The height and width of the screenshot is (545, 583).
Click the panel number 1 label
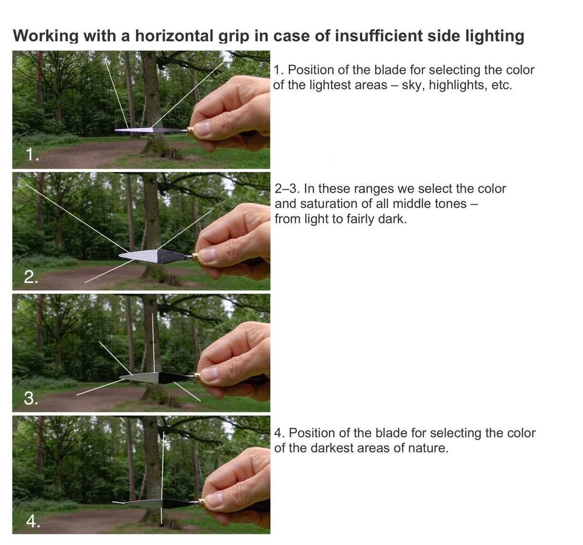pos(32,154)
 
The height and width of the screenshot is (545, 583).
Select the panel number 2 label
pos(31,277)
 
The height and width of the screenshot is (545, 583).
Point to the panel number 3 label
pos(31,399)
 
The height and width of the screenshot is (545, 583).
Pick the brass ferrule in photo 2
pos(195,257)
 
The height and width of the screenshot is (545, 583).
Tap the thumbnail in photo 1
pos(202,128)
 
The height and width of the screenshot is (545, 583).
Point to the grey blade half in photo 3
pos(140,378)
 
